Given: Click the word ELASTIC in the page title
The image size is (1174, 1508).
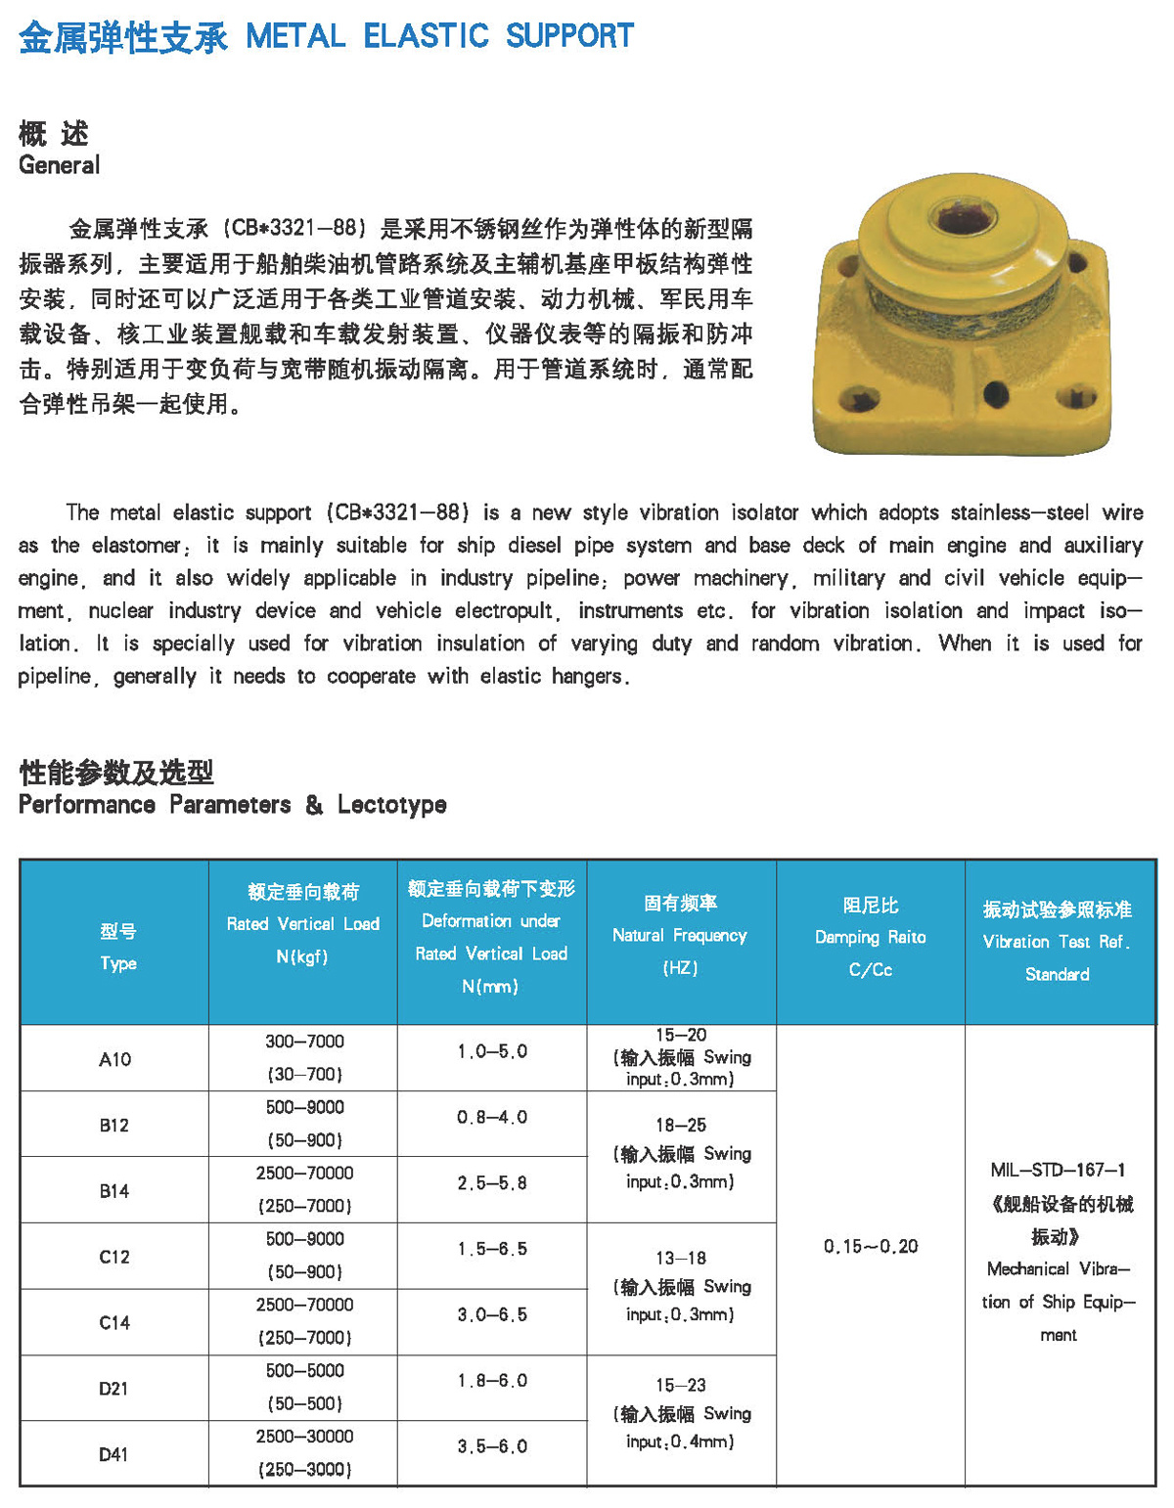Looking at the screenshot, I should tap(426, 36).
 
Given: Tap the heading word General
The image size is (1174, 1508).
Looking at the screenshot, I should tap(59, 164).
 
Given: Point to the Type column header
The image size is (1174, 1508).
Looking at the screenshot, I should tap(117, 947).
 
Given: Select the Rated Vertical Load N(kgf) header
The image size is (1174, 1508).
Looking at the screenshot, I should tap(302, 923).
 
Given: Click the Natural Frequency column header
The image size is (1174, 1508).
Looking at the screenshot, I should tap(680, 935).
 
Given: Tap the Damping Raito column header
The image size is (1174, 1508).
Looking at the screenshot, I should tap(870, 937).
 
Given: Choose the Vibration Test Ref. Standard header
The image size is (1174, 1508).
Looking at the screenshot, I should tap(1057, 941).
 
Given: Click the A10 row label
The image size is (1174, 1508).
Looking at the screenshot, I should tap(114, 1059).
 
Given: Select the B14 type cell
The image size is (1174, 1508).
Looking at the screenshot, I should tap(114, 1191).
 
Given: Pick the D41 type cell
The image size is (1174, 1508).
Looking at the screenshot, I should tap(113, 1454).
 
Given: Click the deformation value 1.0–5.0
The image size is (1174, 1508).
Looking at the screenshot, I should tap(492, 1051).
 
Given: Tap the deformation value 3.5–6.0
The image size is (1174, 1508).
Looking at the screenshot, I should tap(492, 1446).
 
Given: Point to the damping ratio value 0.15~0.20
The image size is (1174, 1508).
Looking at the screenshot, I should tap(871, 1246).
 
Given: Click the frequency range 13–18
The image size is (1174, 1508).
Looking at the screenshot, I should tap(681, 1258).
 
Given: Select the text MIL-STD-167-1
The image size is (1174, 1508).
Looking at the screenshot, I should tap(1058, 1170).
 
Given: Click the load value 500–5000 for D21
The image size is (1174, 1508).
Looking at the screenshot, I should tap(304, 1370).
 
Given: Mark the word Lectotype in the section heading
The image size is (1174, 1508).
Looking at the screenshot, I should tap(391, 805).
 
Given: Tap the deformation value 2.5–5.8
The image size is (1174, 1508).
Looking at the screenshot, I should tap(492, 1183).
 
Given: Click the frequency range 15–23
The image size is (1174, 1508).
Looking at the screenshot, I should tap(681, 1385).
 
